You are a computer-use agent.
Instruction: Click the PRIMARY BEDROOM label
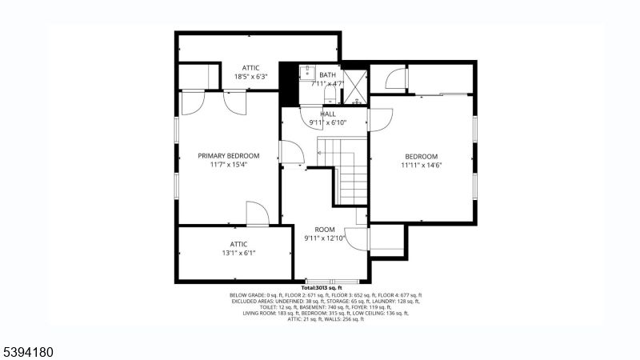click(229, 156)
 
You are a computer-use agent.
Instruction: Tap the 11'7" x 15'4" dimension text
click(229, 165)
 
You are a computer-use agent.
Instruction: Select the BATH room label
click(328, 74)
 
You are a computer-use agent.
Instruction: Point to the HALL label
click(328, 114)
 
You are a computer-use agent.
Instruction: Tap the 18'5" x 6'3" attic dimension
click(250, 77)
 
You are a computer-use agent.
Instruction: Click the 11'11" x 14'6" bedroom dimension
click(421, 166)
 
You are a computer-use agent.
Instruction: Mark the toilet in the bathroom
click(329, 97)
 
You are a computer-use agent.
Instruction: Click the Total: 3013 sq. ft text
click(322, 287)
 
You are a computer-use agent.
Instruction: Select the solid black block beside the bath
click(287, 82)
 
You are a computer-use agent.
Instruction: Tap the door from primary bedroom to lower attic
click(257, 214)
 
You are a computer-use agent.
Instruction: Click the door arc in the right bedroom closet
click(394, 78)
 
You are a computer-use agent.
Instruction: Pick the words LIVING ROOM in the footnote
click(262, 313)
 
